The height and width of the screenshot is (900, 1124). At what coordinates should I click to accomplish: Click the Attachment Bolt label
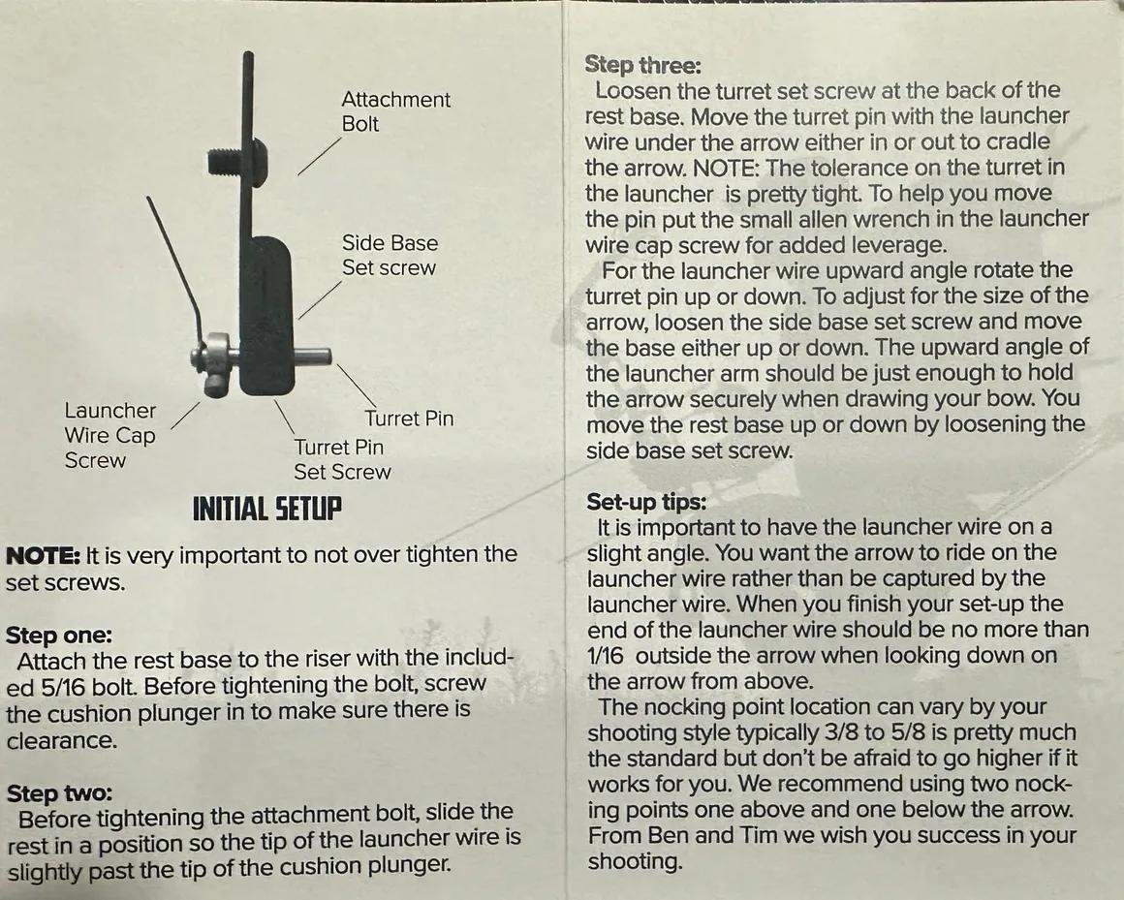click(x=395, y=111)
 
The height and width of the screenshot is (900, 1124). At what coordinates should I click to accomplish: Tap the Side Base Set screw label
click(x=390, y=255)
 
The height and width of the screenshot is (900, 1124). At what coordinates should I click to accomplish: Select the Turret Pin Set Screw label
click(x=341, y=459)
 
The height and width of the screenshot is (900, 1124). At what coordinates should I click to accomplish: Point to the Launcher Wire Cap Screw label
click(x=109, y=435)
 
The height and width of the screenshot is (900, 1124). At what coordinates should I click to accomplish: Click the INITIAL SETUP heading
click(x=267, y=509)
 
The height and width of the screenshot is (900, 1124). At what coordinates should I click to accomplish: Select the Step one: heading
click(x=59, y=636)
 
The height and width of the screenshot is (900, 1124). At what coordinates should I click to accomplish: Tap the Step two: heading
click(x=58, y=794)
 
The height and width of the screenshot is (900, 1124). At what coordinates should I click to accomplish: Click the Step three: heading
click(x=643, y=65)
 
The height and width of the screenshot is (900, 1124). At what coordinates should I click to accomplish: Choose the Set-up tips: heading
click(x=646, y=503)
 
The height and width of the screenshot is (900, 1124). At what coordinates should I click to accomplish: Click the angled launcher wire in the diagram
click(x=174, y=257)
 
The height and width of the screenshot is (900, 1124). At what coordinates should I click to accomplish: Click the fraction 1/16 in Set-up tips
click(x=607, y=655)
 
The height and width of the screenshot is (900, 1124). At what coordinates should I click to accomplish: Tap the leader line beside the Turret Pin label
click(x=357, y=388)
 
